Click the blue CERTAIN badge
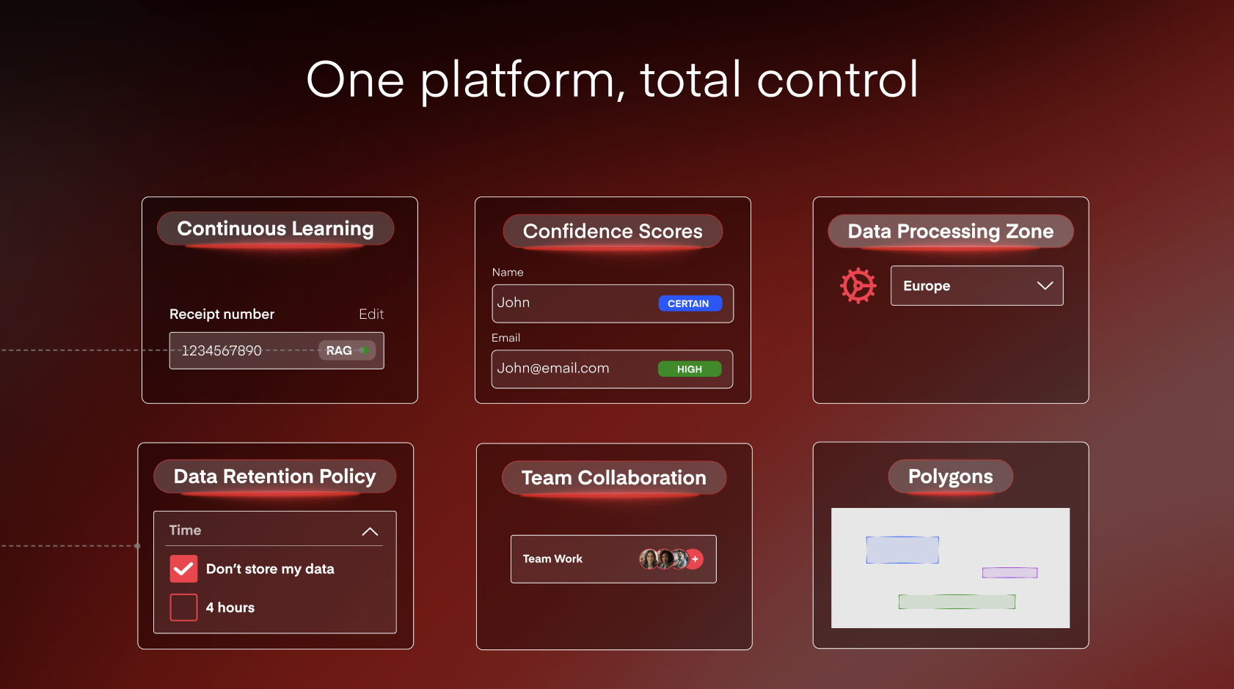(x=690, y=303)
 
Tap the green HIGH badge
(x=689, y=369)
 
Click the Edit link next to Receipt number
(x=371, y=314)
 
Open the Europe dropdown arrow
(x=1045, y=286)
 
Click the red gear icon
(x=858, y=286)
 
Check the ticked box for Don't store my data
(x=183, y=569)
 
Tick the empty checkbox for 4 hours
(x=183, y=607)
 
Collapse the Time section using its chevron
(x=370, y=531)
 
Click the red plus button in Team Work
(x=695, y=559)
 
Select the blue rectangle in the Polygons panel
(x=902, y=550)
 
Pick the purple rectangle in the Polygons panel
(x=1010, y=572)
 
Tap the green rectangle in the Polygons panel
(x=957, y=602)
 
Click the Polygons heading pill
(x=950, y=476)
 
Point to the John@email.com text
(x=553, y=368)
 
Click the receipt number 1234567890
(x=222, y=350)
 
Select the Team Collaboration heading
(x=613, y=478)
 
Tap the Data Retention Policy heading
(x=274, y=476)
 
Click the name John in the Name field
(x=514, y=303)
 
